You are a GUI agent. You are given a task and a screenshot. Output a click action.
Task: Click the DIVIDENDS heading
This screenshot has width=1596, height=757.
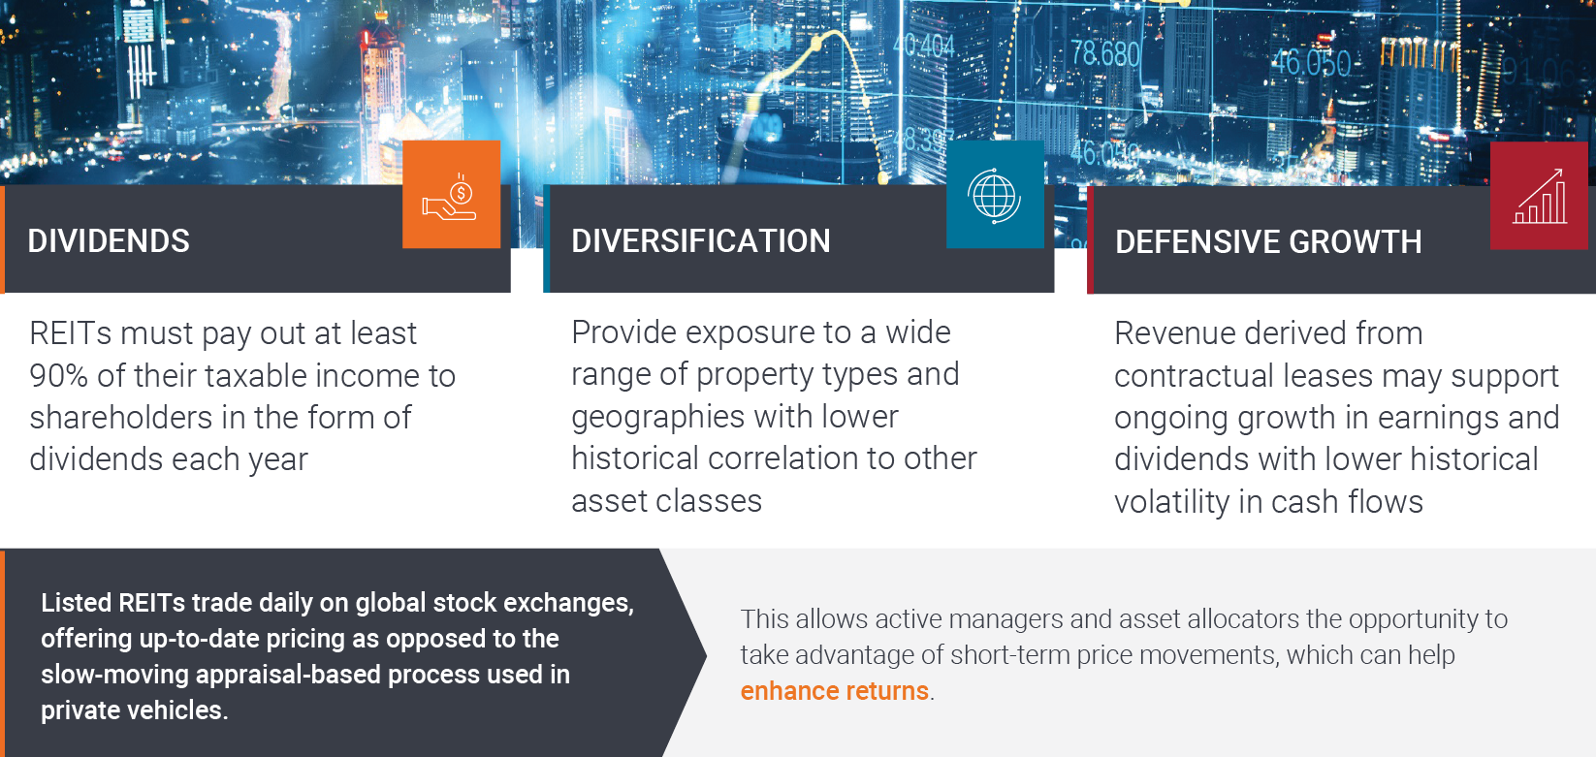tap(109, 240)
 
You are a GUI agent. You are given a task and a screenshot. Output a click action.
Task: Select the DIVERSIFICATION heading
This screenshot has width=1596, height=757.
tap(701, 240)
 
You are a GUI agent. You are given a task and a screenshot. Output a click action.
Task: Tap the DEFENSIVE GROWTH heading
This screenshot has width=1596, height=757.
tap(1268, 241)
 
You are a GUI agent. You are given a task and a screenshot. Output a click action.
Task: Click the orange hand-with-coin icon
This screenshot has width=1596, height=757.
tap(451, 195)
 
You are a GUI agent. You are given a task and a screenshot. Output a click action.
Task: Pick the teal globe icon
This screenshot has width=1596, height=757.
tap(995, 195)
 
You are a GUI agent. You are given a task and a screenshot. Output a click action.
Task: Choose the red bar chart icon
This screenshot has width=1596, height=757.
tap(1539, 196)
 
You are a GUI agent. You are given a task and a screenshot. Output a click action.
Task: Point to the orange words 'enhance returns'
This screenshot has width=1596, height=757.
tap(834, 691)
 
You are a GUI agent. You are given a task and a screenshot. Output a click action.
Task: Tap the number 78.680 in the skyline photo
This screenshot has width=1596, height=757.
tap(1105, 54)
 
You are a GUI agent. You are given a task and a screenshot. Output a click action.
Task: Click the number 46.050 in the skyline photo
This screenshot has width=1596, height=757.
tap(1311, 63)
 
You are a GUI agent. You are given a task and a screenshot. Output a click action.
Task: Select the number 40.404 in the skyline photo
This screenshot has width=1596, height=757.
tap(923, 47)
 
